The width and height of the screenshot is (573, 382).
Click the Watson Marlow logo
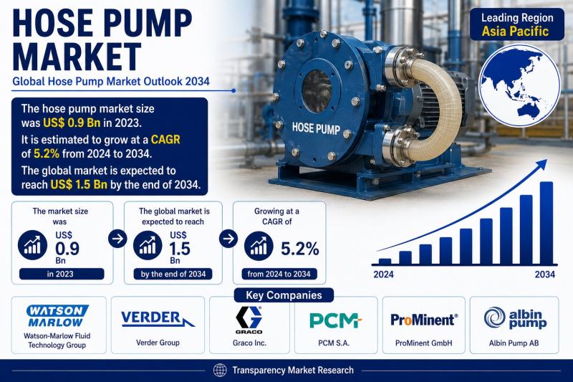tap(57, 316)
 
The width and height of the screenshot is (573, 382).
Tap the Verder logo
tap(158, 319)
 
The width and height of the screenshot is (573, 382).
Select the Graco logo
tap(249, 320)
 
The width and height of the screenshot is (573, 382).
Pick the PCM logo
tap(335, 320)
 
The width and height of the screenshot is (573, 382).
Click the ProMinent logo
tap(424, 320)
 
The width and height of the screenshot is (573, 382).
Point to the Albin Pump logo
tap(515, 317)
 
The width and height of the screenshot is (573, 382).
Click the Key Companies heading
tap(284, 295)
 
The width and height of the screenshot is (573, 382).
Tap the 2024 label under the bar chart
tap(383, 274)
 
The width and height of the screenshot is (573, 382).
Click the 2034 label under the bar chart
tap(545, 274)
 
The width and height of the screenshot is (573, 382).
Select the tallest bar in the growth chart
tap(546, 223)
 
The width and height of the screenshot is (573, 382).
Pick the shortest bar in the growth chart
tap(385, 262)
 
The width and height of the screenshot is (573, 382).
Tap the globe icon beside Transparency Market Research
tap(220, 371)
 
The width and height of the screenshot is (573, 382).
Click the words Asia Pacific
tap(515, 31)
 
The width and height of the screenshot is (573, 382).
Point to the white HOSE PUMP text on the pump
tap(316, 128)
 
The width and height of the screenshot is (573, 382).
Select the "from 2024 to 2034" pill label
tap(279, 274)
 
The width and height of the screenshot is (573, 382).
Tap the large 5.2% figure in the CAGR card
tap(299, 249)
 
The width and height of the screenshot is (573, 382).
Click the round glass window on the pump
tap(317, 91)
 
